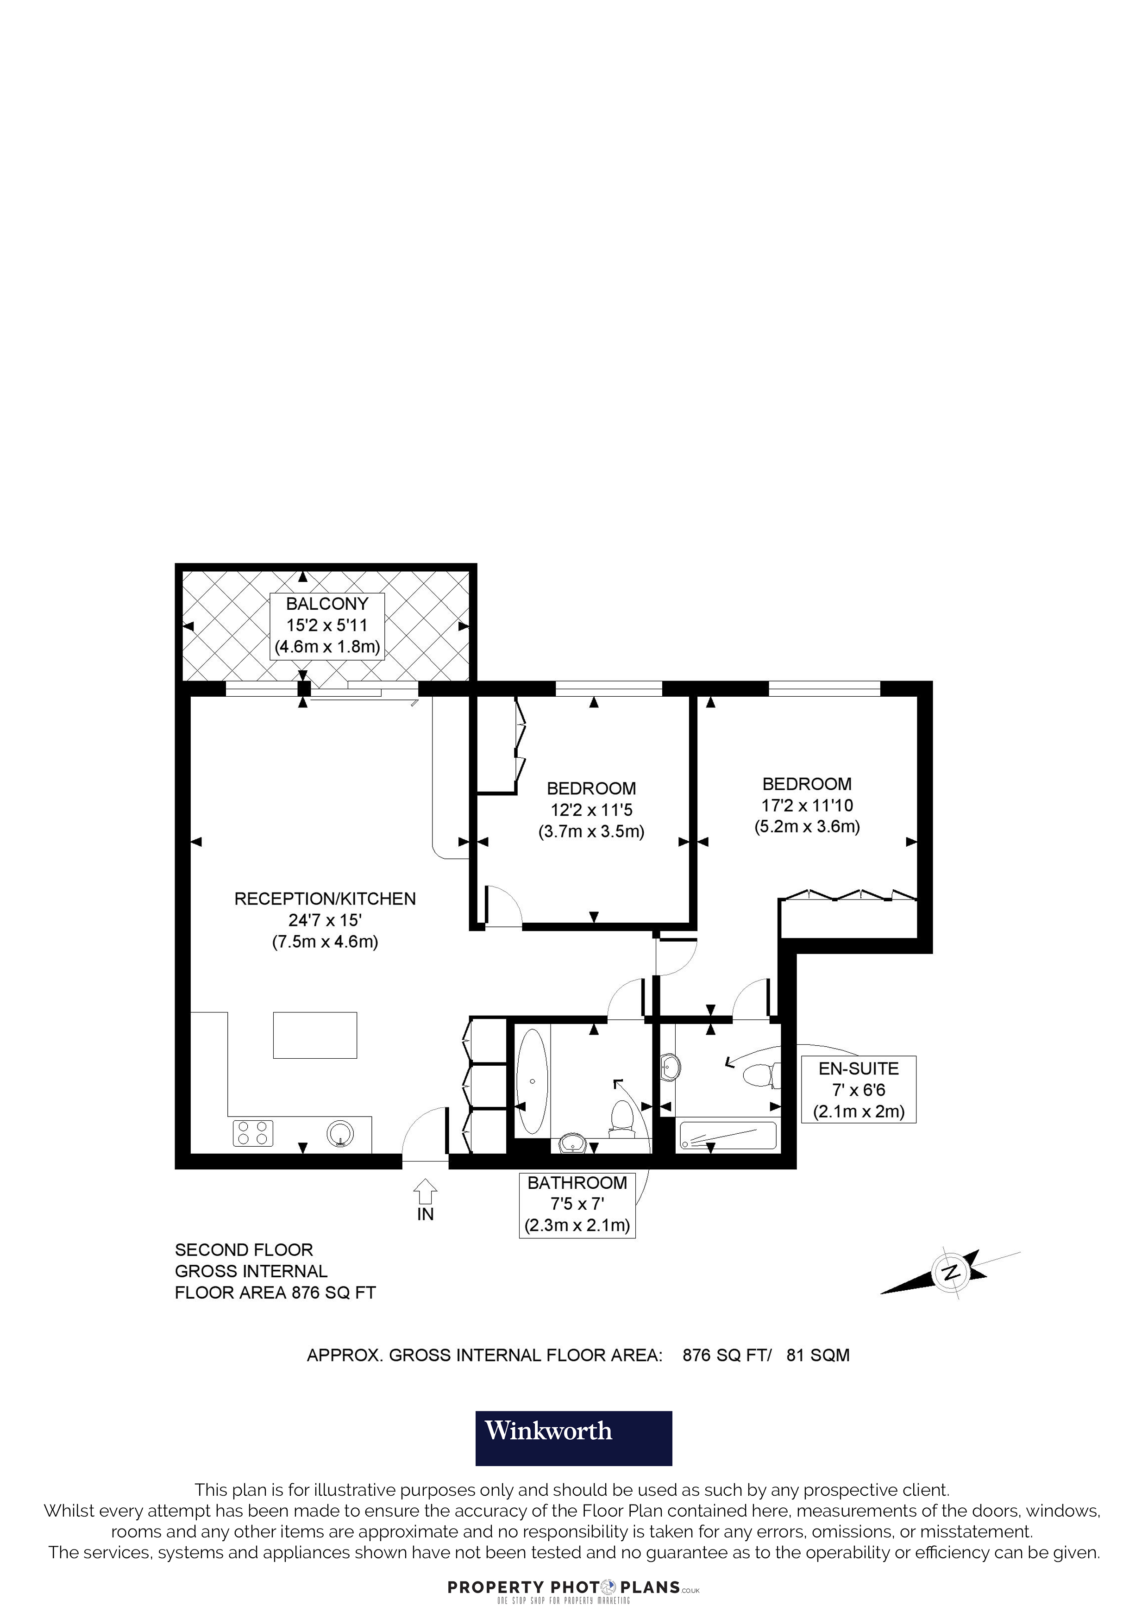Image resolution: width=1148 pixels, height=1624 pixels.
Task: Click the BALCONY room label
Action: point(327,604)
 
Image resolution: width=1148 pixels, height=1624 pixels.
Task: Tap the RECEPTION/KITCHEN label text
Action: point(325,899)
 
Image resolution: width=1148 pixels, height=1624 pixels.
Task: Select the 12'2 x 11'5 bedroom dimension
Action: point(591,810)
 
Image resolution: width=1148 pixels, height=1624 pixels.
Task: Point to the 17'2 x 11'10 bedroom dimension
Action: point(807,805)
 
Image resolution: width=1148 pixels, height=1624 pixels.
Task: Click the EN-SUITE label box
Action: point(859,1090)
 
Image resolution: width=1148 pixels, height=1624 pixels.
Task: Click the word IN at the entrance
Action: point(425,1214)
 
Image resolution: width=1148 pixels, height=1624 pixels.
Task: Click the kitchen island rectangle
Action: point(315,1035)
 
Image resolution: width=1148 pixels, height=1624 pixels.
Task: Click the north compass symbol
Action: point(951,1271)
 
